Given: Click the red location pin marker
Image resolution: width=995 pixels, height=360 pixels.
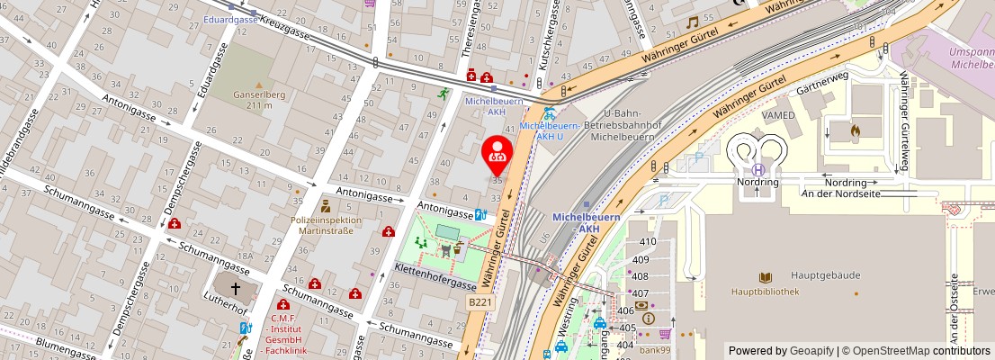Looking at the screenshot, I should tap(497, 155).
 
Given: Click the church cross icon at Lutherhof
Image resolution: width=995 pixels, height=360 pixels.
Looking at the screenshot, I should tap(236, 289).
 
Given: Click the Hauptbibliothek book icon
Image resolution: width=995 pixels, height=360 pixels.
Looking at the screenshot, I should tap(766, 278).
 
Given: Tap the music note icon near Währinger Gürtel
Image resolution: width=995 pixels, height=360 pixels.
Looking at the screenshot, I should tap(692, 22).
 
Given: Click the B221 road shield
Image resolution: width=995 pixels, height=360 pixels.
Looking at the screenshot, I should tap(480, 303).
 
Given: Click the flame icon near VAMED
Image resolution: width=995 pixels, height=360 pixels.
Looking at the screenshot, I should tap(856, 131).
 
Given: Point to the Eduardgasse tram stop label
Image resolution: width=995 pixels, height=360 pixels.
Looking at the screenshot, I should tap(230, 19).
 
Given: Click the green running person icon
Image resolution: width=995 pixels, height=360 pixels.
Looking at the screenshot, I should tap(443, 93).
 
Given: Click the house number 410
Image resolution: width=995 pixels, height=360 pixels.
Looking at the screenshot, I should tap(647, 242).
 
